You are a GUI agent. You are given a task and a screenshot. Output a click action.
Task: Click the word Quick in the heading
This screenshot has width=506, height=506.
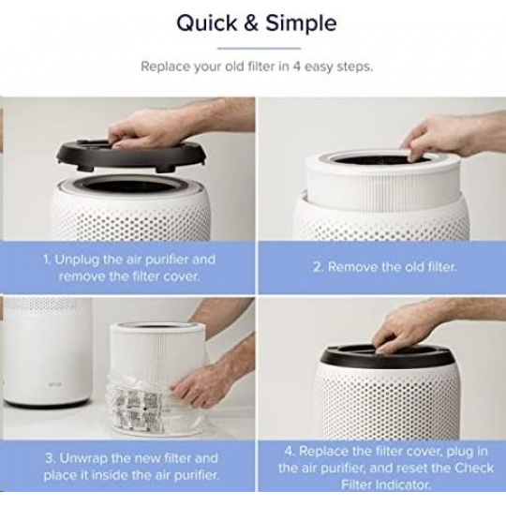206,23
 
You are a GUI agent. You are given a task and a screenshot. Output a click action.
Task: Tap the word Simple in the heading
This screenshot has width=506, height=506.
301,24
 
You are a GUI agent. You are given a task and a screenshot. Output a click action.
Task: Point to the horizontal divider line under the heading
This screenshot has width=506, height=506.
260,49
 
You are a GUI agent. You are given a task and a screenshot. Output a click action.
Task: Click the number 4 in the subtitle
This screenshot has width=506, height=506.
297,67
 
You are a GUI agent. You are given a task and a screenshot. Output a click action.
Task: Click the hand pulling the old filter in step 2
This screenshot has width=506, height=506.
452,136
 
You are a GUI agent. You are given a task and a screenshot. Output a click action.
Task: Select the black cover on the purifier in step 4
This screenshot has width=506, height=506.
387,357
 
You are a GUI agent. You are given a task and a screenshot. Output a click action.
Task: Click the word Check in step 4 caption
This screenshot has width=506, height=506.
474,468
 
